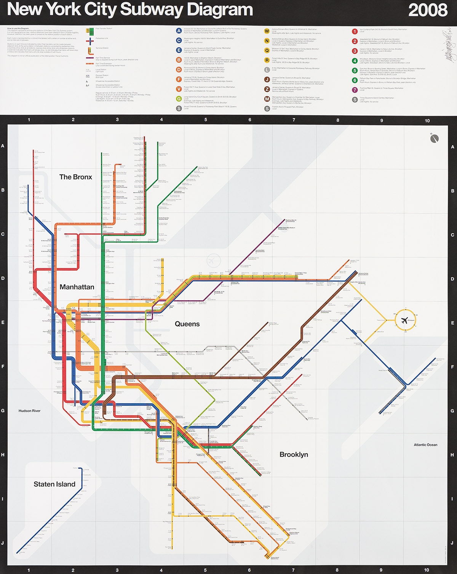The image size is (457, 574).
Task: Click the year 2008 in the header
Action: [427, 10]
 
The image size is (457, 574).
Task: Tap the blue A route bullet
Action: [179, 30]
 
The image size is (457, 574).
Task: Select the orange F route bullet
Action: [179, 79]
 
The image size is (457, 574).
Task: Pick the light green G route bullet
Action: [179, 99]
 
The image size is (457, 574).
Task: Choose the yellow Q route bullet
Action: [267, 50]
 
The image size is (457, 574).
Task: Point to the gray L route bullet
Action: [267, 70]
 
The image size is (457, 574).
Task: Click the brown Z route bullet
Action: [267, 89]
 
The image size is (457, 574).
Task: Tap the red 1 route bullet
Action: [355, 31]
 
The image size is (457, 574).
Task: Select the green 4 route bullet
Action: [355, 61]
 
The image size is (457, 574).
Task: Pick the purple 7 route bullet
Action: [355, 90]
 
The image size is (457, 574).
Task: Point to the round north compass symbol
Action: [434, 139]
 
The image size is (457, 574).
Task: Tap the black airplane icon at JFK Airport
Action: [405, 320]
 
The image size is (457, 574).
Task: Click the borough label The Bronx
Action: [75, 177]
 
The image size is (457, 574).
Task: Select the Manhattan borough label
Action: [77, 287]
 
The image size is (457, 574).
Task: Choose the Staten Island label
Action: [54, 484]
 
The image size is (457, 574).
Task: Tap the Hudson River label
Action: [29, 411]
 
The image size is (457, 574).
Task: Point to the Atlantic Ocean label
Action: [425, 445]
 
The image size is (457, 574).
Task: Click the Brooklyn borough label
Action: [294, 454]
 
